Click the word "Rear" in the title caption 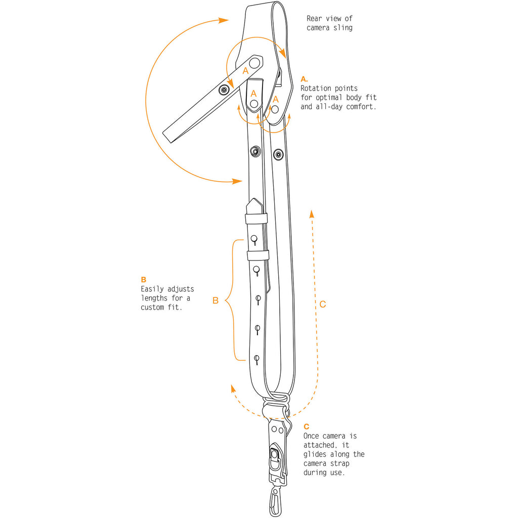pyautogui.click(x=314, y=19)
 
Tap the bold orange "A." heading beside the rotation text pyautogui.click(x=304, y=79)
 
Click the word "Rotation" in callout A pyautogui.click(x=316, y=88)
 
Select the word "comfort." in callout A pyautogui.click(x=361, y=107)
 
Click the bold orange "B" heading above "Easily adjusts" pyautogui.click(x=143, y=279)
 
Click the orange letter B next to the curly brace pyautogui.click(x=215, y=300)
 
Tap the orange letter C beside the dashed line pyautogui.click(x=323, y=304)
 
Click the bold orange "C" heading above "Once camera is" pyautogui.click(x=307, y=426)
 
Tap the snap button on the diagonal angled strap pyautogui.click(x=224, y=90)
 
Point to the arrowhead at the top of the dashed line pyautogui.click(x=312, y=214)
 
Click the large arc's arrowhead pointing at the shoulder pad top pyautogui.click(x=224, y=20)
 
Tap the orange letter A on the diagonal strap pyautogui.click(x=245, y=71)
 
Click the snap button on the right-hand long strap pyautogui.click(x=279, y=154)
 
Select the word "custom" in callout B pyautogui.click(x=152, y=307)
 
